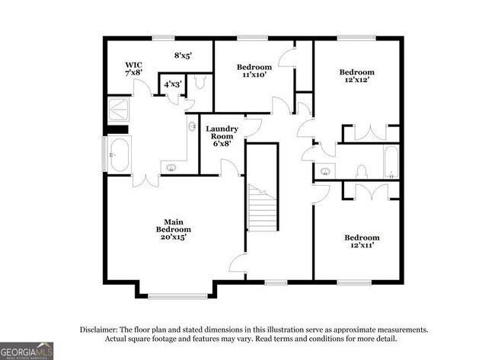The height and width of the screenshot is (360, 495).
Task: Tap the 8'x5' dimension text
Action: point(183,56)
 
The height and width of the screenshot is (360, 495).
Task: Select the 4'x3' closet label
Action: point(171,84)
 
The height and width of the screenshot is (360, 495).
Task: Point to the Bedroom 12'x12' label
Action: point(356,77)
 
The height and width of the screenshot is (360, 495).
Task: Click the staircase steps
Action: point(262,211)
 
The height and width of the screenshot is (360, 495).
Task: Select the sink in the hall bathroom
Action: point(326,171)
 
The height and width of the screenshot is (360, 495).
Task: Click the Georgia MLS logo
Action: point(27,350)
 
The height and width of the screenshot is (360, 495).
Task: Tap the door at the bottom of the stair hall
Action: point(239,265)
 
